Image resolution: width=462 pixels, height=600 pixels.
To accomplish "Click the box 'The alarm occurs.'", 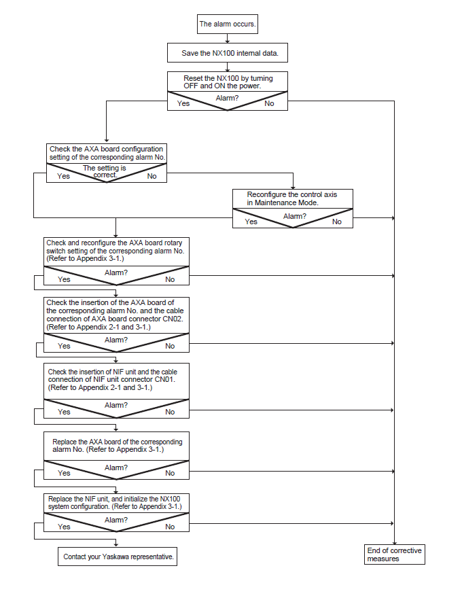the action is click(x=227, y=24).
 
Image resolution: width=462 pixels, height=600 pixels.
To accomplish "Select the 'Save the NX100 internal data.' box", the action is click(x=227, y=53).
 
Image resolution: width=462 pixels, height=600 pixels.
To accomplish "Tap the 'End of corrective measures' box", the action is click(x=394, y=554).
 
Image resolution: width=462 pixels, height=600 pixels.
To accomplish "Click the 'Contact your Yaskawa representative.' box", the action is click(x=118, y=557).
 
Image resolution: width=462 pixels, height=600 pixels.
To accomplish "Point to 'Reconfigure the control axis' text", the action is click(x=292, y=194).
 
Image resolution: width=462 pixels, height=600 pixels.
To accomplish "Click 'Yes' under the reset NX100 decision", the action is click(x=183, y=103).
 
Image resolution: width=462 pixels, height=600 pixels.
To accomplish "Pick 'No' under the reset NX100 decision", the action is click(x=269, y=103).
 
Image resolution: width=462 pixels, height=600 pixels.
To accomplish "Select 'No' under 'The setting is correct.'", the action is click(x=152, y=176).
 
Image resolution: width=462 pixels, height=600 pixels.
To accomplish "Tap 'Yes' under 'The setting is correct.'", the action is click(x=63, y=176).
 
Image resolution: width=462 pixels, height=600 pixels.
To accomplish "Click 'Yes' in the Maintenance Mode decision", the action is click(x=251, y=222).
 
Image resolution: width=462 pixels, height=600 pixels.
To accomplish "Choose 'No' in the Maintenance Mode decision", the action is click(x=336, y=222).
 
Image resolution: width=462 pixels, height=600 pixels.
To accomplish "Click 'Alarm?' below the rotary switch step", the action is click(x=116, y=272).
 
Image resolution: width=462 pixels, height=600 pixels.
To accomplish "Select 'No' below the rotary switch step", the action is click(x=170, y=279).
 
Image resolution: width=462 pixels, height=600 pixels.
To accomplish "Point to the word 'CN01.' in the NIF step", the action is click(x=165, y=379).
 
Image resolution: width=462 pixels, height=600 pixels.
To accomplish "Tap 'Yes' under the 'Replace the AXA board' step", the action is click(x=64, y=473).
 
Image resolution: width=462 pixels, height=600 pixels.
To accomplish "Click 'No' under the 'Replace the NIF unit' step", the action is click(x=170, y=527).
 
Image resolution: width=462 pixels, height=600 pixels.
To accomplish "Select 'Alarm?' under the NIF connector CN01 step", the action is click(x=116, y=405).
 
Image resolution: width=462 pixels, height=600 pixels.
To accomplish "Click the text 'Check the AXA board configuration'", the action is click(x=106, y=149).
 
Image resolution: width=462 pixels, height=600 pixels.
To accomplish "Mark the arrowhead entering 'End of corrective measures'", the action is click(x=394, y=543).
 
